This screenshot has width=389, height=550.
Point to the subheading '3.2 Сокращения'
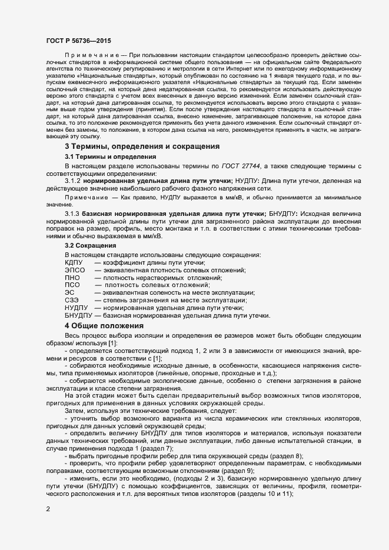tap(90, 244)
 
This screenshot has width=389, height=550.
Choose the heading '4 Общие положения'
tap(104, 325)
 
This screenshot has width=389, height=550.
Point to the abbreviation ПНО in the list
tap(72, 277)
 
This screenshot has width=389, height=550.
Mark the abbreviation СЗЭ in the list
tap(72, 300)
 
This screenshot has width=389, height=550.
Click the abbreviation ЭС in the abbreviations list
tap(69, 292)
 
